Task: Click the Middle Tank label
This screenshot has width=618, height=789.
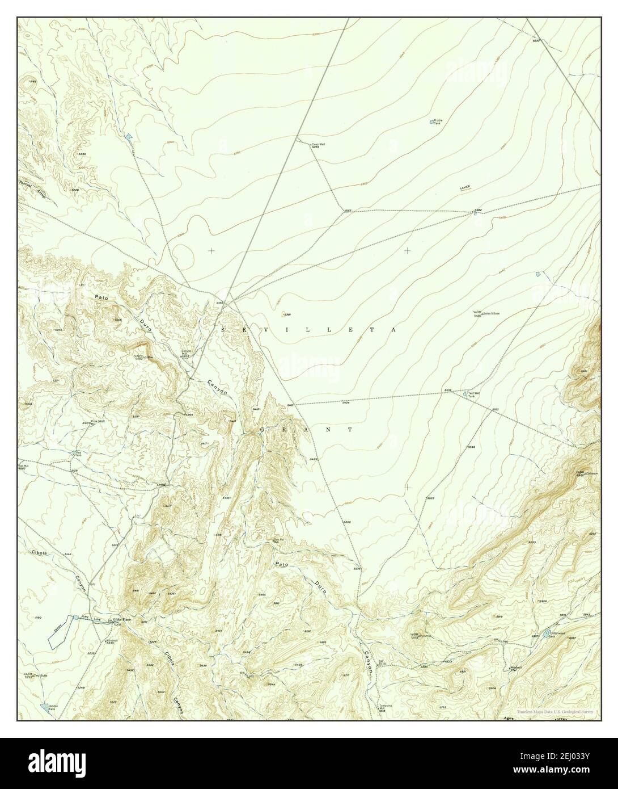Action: point(437,122)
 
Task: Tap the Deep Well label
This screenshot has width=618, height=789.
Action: point(318,144)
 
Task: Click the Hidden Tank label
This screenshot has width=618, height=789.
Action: point(52,707)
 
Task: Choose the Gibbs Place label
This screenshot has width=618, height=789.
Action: point(121,619)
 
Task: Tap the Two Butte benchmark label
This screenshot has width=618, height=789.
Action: point(39,676)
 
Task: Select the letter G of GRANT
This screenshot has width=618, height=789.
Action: point(262,430)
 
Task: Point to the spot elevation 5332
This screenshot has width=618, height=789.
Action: point(536,41)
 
